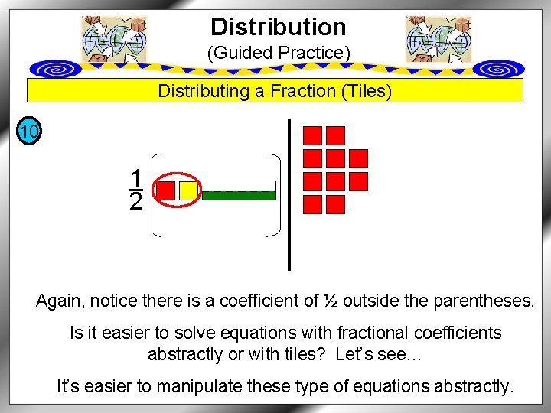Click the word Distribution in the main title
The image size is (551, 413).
pos(278,28)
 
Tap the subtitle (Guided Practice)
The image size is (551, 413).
pos(278,54)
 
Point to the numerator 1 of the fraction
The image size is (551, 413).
pos(136,178)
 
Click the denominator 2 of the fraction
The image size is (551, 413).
pos(136,202)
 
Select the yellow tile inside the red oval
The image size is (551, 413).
pos(188,190)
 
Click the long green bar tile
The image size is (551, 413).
pos(239,195)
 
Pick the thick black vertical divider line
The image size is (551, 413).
pos(289,195)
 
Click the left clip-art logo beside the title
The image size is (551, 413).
pos(113,39)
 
